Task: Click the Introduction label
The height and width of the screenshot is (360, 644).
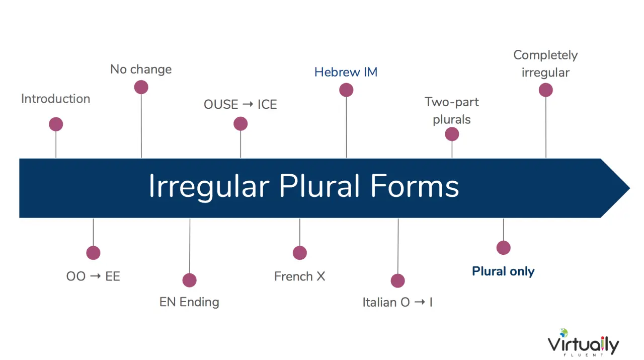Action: click(x=55, y=99)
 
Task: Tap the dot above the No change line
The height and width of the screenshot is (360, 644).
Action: click(x=141, y=87)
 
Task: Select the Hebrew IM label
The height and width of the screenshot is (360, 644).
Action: click(x=346, y=72)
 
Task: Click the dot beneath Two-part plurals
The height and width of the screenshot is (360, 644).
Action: click(x=452, y=134)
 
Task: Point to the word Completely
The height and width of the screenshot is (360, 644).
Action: click(x=545, y=55)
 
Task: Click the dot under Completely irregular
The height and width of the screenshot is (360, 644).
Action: click(x=546, y=90)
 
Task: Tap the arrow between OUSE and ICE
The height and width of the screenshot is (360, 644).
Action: click(x=248, y=104)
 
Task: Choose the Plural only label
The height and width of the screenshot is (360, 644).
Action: click(x=503, y=271)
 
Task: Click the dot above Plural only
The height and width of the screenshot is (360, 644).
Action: click(x=504, y=248)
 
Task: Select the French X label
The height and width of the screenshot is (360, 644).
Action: click(x=299, y=276)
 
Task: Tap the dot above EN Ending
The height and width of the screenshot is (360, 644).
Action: click(x=190, y=280)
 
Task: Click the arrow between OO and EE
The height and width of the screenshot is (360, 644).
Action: click(x=96, y=276)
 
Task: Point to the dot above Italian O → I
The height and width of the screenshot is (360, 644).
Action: click(x=398, y=280)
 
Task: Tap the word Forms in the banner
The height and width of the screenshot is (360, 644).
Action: click(x=415, y=186)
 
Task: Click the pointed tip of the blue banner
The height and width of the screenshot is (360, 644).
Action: click(x=629, y=188)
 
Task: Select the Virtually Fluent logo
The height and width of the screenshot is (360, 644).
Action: click(x=583, y=342)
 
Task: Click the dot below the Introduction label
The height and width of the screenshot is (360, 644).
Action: click(x=56, y=124)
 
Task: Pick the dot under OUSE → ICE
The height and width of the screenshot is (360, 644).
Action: click(x=240, y=124)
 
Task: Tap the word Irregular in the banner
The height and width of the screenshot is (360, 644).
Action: click(x=209, y=187)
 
